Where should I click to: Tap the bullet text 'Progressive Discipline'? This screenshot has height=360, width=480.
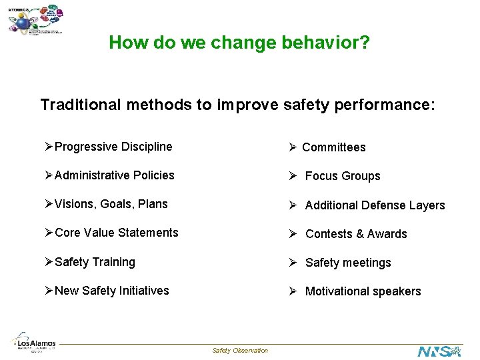point(113,147)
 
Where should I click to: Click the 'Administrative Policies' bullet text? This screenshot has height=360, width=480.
point(114,175)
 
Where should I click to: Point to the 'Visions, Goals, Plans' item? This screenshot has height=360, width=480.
point(111,204)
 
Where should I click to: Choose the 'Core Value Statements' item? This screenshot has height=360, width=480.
point(116,233)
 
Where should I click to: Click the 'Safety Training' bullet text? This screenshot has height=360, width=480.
point(95,262)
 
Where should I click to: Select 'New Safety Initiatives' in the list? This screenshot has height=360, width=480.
point(111,291)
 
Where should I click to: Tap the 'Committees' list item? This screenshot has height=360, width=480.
point(333,147)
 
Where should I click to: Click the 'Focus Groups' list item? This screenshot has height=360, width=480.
point(342,176)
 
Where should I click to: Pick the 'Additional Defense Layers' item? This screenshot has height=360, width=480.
point(375,205)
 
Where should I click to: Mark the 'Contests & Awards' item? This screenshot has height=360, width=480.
point(355,234)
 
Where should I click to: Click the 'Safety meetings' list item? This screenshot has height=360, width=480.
point(347,263)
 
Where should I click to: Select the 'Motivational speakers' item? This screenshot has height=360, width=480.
point(363,291)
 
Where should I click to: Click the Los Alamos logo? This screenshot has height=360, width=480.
point(33,341)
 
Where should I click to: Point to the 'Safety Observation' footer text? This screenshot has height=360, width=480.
point(240,351)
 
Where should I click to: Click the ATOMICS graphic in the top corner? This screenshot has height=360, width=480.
point(37,20)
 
